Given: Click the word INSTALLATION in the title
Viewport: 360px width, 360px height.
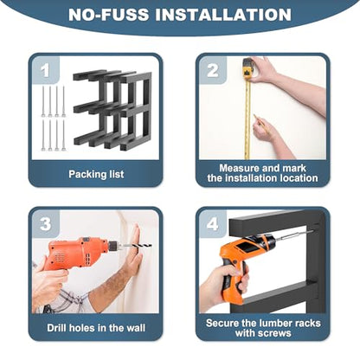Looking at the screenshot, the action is pyautogui.click(x=223, y=15).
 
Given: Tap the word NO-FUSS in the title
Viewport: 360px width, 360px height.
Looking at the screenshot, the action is pyautogui.click(x=108, y=15).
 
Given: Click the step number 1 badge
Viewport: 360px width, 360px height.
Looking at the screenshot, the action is pyautogui.click(x=45, y=70).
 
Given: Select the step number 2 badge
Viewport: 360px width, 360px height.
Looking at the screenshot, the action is pyautogui.click(x=213, y=70).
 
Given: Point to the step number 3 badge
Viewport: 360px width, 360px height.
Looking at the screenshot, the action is pyautogui.click(x=45, y=224).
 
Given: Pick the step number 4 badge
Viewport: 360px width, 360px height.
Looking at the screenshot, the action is pyautogui.click(x=213, y=224).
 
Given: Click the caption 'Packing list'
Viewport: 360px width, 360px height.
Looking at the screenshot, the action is pyautogui.click(x=96, y=174).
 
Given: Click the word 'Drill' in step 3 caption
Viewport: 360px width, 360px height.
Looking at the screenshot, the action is pyautogui.click(x=57, y=328).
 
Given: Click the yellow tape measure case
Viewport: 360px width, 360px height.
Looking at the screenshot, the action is pyautogui.click(x=247, y=69).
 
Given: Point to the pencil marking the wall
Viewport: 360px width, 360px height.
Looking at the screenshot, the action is pyautogui.click(x=259, y=120).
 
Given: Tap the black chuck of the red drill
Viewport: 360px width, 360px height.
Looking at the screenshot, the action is pyautogui.click(x=113, y=246).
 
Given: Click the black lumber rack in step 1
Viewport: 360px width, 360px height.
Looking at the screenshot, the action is pyautogui.click(x=112, y=110).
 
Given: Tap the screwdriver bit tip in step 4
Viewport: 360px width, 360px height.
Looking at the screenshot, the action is pyautogui.click(x=312, y=232).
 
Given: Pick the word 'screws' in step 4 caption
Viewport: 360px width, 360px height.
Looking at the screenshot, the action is pyautogui.click(x=273, y=333).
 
